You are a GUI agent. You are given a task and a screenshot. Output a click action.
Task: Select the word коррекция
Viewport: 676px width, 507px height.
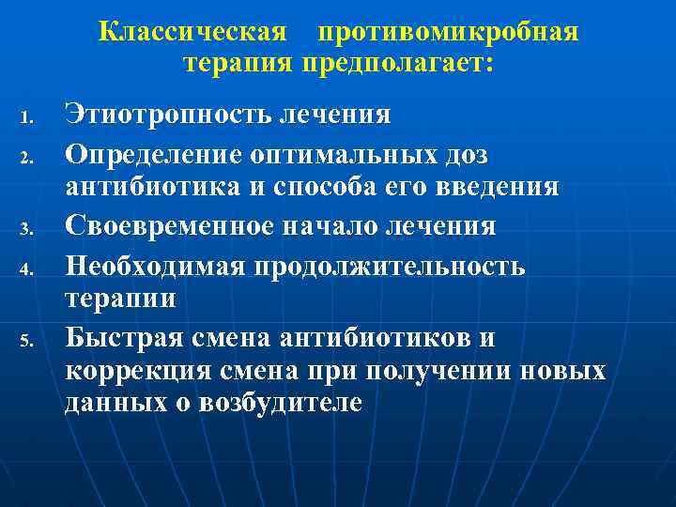pos(127,373)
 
